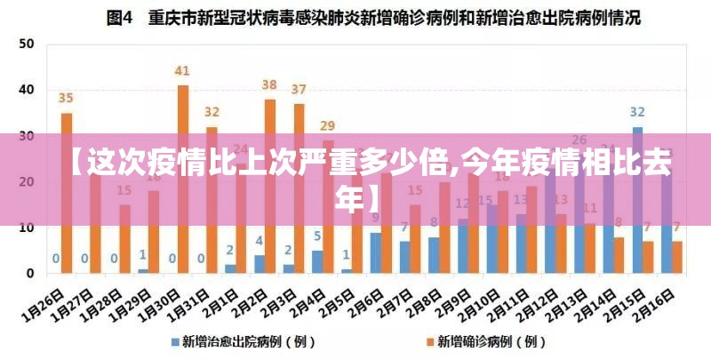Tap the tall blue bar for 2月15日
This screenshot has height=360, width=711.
[x=637, y=199]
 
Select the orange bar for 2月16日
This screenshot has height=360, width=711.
[x=677, y=257]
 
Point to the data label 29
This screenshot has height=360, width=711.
[x=328, y=125]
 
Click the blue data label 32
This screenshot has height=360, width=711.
[x=637, y=112]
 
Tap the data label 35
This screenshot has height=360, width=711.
[x=67, y=98]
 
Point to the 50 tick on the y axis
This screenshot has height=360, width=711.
[x=28, y=44]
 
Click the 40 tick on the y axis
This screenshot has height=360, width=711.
[x=28, y=90]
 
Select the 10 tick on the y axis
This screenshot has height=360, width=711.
[x=28, y=228]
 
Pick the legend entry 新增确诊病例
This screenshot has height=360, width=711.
[x=487, y=340]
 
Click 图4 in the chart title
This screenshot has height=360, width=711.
[x=122, y=16]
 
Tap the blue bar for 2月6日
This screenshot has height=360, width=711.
[x=376, y=252]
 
